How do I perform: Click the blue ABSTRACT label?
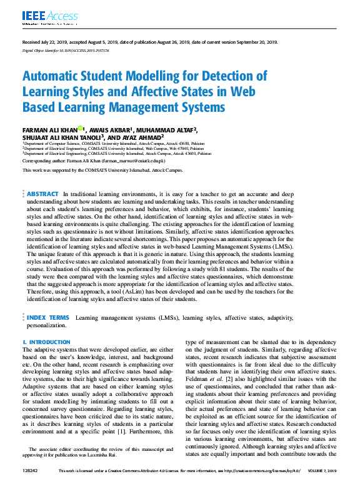coord(43,194)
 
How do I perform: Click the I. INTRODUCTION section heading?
coord(46,343)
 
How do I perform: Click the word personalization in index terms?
coord(46,325)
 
